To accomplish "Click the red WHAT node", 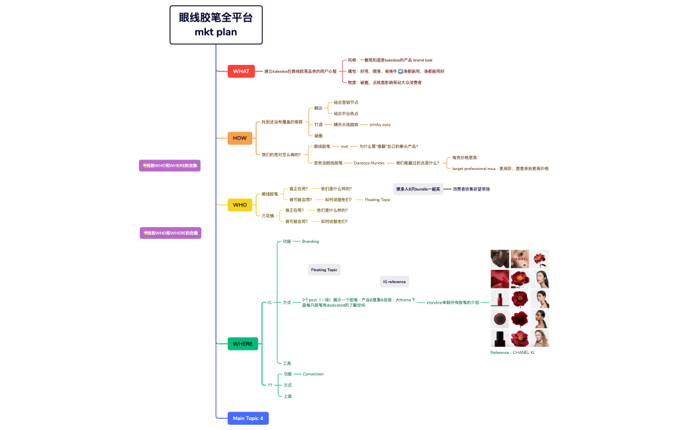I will pos(241,71).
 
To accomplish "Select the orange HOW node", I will pos(239,138).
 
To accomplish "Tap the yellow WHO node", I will pos(240,205).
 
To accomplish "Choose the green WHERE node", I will pos(242,344).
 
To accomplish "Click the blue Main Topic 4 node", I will pos(248,418).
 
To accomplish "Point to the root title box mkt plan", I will pos(216,25).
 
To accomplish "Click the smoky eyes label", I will pos(380,124).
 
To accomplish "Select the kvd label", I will pos(344,146).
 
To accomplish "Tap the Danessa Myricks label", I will pos(369,163).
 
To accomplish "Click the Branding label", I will pos(310,241).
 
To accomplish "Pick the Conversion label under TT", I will pos(313,374).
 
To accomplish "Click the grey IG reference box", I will pos(394,282).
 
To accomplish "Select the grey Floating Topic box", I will pos(324,270).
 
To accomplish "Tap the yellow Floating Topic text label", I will pos(377,200).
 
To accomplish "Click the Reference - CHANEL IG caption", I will pos(512,353).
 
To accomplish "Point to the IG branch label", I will pos(269,303).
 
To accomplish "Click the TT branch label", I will pos(269,385).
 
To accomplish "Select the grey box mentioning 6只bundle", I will pos(418,189).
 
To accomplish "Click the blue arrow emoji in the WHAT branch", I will pos(400,71).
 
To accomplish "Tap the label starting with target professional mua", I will pos(500,169).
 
